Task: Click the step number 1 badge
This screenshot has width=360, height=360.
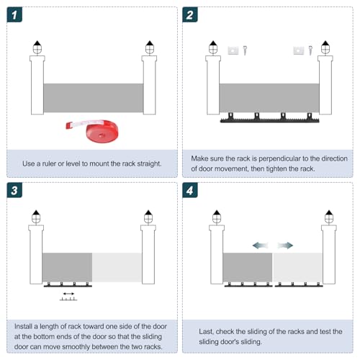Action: point(14,14)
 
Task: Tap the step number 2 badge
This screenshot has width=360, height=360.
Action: point(190,14)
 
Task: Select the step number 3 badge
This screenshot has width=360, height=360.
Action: point(14,190)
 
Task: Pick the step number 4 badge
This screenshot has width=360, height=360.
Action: point(190,190)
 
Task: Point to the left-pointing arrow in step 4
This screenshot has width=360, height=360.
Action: point(260,246)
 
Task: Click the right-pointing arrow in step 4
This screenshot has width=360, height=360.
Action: point(285,246)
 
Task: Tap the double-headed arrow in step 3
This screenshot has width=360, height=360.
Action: point(68,294)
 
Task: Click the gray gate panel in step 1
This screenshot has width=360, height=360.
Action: point(94,98)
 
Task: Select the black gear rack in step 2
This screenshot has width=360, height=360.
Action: point(270,118)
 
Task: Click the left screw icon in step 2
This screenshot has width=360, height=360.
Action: point(245,50)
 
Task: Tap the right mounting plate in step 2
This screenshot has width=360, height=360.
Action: point(299,50)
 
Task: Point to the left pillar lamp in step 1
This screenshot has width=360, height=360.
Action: point(37,48)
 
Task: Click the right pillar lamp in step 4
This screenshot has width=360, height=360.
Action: point(329,217)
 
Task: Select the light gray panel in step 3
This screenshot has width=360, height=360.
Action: point(117,267)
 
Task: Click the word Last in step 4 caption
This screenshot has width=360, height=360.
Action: point(206,331)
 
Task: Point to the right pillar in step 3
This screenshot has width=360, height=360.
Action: point(148,254)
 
